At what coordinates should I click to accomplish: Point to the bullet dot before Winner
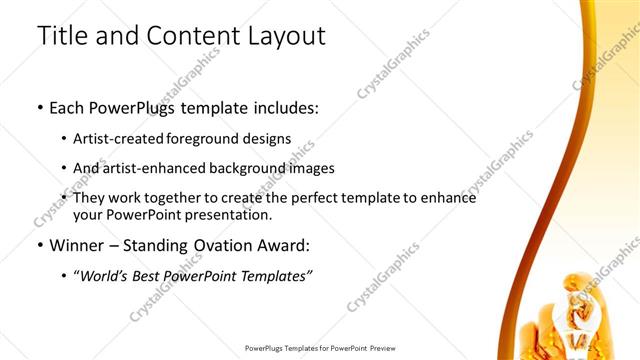(x=39, y=245)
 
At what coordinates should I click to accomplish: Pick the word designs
(x=269, y=139)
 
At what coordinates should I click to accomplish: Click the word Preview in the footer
(x=378, y=349)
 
